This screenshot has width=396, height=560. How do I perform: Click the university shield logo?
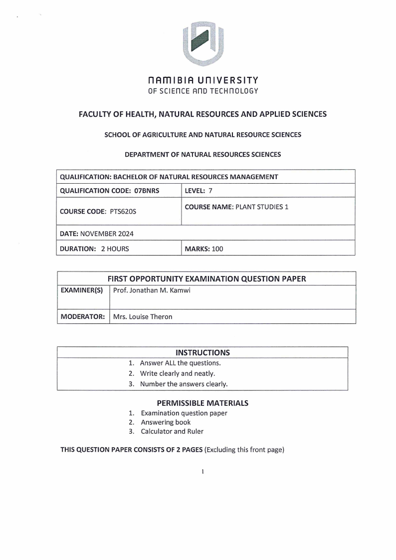point(203,44)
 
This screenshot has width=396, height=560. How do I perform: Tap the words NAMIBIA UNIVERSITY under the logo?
point(203,80)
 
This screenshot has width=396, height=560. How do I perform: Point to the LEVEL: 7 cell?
point(198,190)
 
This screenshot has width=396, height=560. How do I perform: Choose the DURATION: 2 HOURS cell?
point(94,249)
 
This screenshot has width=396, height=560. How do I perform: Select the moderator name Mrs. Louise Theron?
point(143,316)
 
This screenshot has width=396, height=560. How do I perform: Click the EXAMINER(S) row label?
point(82,290)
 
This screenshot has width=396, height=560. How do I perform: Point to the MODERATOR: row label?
point(82,316)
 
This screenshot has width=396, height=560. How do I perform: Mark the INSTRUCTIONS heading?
point(202,352)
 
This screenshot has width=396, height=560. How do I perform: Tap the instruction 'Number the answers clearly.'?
point(184,384)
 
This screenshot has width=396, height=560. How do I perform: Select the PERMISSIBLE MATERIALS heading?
point(202,403)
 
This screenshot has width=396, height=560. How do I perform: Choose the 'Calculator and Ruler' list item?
point(172,431)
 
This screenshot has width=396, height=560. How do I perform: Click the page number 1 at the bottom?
point(203,471)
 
